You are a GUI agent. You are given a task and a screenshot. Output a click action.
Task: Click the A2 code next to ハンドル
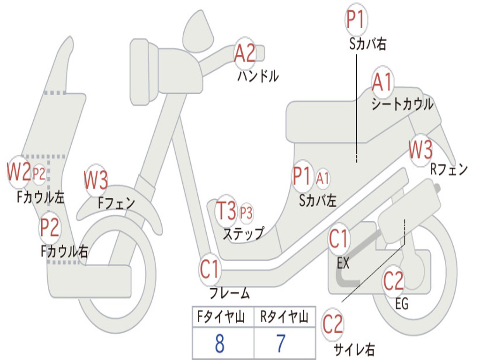point(245,53)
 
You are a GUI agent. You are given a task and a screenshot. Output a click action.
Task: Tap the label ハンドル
point(258,75)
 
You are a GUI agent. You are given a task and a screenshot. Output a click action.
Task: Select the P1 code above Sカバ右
point(356,19)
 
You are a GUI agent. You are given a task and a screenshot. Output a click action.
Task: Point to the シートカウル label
point(403,104)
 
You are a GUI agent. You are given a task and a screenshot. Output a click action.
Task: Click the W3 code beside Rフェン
point(420,150)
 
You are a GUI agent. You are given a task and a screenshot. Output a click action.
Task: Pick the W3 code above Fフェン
point(96,180)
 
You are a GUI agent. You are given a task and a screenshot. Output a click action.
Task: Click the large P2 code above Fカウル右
point(49,227)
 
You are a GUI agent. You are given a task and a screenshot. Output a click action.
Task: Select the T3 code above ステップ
point(226,210)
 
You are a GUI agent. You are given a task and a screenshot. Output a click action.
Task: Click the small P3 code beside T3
point(246,212)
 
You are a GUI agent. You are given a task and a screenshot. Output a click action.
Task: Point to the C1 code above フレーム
point(210,270)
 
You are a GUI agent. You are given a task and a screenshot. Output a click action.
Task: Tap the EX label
point(343,262)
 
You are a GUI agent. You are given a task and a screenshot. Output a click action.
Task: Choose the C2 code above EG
point(393,281)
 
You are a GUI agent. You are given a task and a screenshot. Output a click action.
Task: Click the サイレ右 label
point(354,349)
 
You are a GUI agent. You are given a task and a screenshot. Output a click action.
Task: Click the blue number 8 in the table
point(219,343)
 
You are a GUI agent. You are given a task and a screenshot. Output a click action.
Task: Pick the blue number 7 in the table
point(281,343)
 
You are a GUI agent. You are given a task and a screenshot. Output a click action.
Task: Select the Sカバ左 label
point(318,201)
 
